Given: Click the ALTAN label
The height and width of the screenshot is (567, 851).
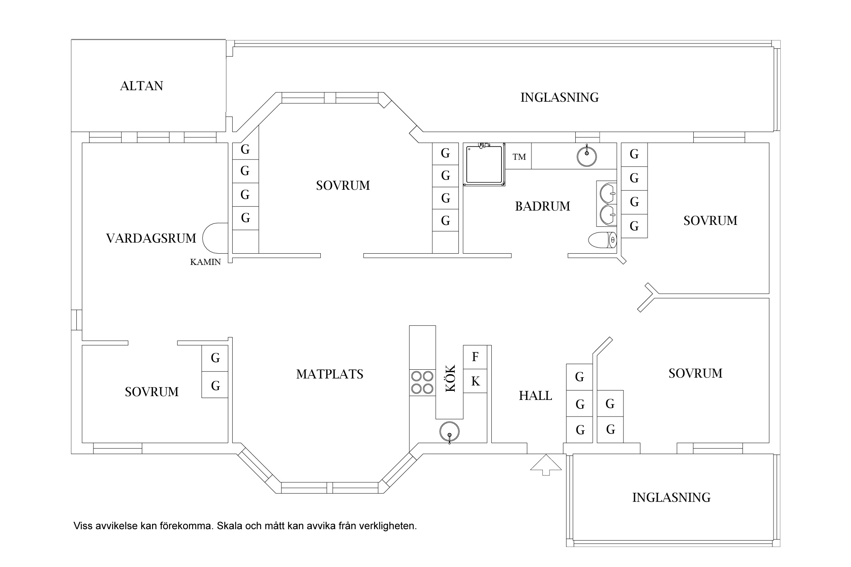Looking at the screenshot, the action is (x=141, y=86).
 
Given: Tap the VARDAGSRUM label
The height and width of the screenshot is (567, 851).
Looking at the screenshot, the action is (x=151, y=239).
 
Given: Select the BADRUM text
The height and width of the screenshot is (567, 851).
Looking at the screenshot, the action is (x=542, y=206).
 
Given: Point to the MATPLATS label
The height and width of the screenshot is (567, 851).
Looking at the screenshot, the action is (x=329, y=374).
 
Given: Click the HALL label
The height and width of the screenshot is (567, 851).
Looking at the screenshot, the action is (x=535, y=396).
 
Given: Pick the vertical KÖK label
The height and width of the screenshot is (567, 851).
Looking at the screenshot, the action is (x=450, y=378).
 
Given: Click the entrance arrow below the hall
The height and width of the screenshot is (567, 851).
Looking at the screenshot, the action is (x=546, y=465).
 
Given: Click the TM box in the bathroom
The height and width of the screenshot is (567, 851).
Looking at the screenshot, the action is (x=519, y=156).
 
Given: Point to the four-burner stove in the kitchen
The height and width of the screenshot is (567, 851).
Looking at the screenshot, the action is (x=422, y=383).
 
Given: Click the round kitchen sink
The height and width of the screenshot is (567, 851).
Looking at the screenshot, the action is (x=449, y=432).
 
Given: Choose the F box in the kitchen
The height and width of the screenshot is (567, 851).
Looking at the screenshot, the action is (x=475, y=356).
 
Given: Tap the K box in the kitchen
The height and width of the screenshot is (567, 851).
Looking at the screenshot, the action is (x=475, y=381).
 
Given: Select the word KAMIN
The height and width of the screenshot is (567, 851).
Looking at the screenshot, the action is (x=205, y=262).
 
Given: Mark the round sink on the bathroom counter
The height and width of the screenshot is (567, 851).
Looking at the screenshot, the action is (x=587, y=156).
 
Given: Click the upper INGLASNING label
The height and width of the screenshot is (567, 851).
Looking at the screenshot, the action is (x=559, y=98).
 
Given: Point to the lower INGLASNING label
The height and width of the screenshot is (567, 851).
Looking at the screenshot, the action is (x=671, y=497).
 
